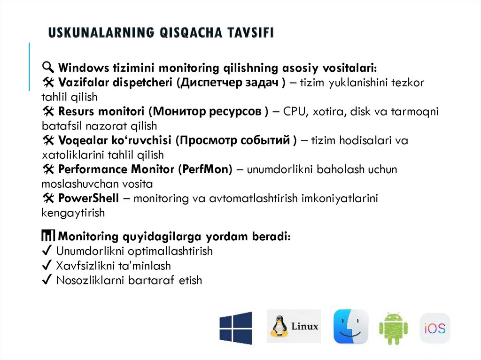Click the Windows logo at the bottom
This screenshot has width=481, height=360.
235,328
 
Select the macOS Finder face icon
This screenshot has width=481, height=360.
350,327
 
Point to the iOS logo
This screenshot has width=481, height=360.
435,328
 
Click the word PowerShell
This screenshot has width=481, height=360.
89,198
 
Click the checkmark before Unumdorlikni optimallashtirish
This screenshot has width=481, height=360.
47,251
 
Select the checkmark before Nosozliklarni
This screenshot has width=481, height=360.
47,280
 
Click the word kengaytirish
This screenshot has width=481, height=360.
73,213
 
